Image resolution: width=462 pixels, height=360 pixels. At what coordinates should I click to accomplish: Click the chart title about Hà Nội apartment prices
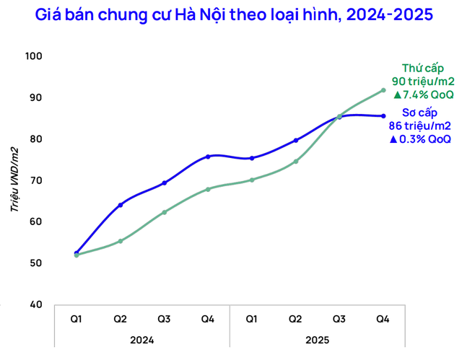[230, 14]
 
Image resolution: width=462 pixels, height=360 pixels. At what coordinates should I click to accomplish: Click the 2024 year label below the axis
[141, 338]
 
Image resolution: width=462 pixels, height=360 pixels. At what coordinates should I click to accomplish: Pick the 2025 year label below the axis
[317, 338]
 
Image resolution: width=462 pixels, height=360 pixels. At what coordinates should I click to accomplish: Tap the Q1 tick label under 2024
[76, 318]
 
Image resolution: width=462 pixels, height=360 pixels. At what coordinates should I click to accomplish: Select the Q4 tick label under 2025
[383, 318]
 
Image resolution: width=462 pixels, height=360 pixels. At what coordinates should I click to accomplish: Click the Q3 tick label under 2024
[163, 318]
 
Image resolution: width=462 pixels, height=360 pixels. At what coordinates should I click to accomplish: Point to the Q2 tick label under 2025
[295, 318]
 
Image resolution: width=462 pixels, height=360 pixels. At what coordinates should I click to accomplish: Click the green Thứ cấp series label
[422, 69]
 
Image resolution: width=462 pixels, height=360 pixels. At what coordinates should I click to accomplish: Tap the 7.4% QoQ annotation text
[423, 95]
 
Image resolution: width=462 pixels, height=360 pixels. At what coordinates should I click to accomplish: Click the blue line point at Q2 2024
[120, 205]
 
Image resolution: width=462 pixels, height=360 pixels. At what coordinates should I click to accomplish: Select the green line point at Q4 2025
[383, 90]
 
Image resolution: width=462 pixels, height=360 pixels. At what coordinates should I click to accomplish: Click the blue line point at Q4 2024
[208, 157]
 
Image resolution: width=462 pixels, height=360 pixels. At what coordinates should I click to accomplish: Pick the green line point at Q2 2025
[295, 162]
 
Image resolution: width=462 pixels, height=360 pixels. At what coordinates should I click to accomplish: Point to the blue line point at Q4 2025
[383, 116]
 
